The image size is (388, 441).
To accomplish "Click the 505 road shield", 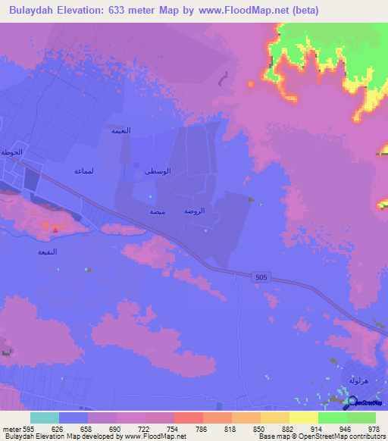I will click(x=261, y=278).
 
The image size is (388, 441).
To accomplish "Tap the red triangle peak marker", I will click(x=54, y=228).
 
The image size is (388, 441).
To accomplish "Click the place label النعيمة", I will click(x=121, y=130).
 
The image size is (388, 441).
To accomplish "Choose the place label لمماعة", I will click(x=83, y=171).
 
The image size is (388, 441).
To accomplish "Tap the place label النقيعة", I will click(x=48, y=252).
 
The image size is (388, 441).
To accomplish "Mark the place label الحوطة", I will click(x=11, y=152).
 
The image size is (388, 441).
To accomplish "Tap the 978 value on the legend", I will click(x=374, y=429).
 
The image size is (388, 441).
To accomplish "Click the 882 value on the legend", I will click(x=289, y=429).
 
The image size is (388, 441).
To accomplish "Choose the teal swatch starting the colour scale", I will click(x=44, y=418).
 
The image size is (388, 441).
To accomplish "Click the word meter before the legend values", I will click(x=10, y=429).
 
